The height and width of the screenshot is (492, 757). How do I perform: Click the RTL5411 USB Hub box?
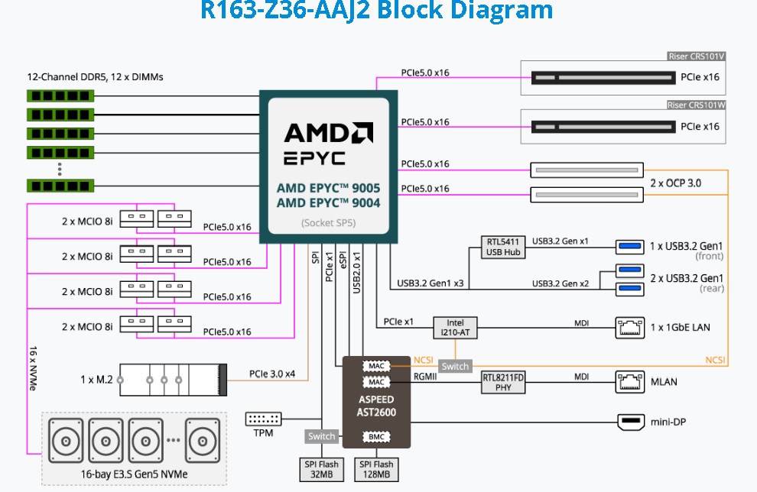click(503, 247)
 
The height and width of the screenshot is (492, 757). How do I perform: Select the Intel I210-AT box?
click(455, 328)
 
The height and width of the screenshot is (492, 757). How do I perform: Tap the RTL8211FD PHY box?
click(503, 382)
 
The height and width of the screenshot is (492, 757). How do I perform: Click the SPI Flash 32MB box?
click(321, 469)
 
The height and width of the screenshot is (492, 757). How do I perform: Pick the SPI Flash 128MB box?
click(376, 469)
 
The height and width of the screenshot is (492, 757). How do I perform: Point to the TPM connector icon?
click(263, 419)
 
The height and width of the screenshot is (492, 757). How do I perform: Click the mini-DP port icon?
click(631, 422)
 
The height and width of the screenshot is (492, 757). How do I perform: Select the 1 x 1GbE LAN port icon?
click(630, 328)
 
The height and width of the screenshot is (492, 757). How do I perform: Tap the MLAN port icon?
click(630, 382)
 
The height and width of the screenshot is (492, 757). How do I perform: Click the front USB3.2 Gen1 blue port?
click(630, 247)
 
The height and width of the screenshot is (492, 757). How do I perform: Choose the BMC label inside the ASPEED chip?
click(376, 437)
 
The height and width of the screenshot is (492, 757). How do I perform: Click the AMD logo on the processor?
click(328, 133)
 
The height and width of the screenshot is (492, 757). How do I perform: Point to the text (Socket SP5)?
click(328, 223)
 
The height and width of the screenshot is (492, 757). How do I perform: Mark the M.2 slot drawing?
click(173, 380)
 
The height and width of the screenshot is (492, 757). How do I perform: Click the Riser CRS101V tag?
click(696, 57)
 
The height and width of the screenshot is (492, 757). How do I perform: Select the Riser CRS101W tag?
click(696, 105)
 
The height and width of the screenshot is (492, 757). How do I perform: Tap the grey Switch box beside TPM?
click(321, 436)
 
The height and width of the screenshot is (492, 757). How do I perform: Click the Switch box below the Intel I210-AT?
click(455, 366)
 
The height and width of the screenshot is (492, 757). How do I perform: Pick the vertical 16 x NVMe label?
click(33, 368)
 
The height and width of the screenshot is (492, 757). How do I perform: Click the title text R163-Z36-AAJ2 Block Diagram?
click(376, 10)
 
